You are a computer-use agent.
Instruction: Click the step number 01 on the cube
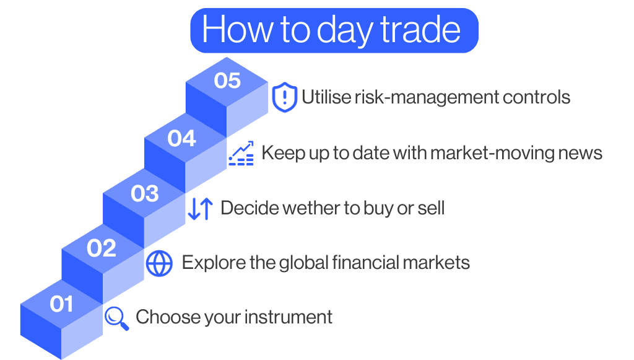point(62,304)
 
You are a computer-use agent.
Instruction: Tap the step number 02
point(102,248)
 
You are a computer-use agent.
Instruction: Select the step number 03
point(145,194)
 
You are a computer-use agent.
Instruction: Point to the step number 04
point(182,138)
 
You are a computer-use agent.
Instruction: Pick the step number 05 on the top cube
point(227,81)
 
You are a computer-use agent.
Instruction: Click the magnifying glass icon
point(116,318)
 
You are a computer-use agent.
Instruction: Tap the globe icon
point(159,263)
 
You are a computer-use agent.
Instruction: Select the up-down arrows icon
point(200,209)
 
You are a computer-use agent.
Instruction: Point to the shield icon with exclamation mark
point(284,98)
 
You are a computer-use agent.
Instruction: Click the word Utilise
point(324,97)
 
